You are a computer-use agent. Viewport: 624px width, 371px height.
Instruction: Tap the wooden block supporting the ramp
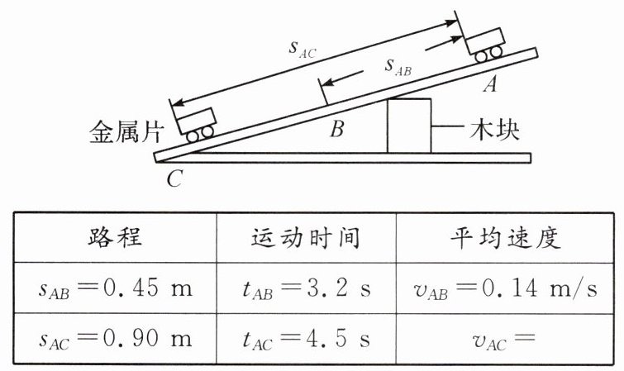[410, 125]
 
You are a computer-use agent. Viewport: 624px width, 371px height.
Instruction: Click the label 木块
[495, 131]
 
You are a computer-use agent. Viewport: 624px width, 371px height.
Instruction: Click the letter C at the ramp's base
[173, 177]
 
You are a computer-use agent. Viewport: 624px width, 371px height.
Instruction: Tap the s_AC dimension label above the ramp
[302, 48]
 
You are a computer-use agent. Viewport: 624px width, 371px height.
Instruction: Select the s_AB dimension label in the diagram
[398, 65]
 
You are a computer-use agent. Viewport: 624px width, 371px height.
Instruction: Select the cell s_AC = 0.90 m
[115, 338]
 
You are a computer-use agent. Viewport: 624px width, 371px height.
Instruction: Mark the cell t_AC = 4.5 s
[305, 338]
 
